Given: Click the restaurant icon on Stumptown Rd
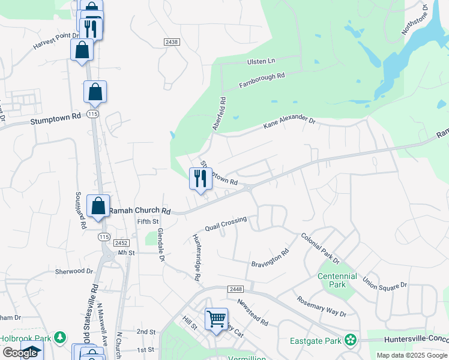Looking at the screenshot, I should (x=200, y=178).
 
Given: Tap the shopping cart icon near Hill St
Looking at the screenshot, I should (x=216, y=319).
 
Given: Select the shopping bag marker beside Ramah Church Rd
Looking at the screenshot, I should (x=98, y=206).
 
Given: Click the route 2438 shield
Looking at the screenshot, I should (x=171, y=41).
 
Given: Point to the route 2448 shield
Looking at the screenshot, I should (x=235, y=289).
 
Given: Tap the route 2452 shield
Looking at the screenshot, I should (x=122, y=243).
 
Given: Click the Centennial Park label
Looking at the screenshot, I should (x=337, y=280).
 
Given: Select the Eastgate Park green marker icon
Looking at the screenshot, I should (x=349, y=340).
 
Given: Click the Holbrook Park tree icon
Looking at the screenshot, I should (x=59, y=337).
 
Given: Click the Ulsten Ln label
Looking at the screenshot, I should (x=261, y=61).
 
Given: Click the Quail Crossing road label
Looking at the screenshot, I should (x=226, y=224).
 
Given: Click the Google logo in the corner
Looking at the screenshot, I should (x=20, y=353).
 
